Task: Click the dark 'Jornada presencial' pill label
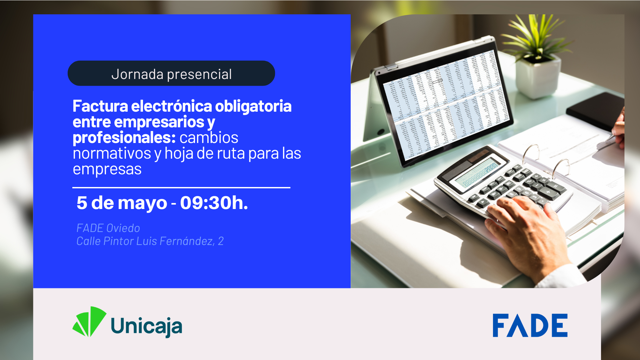pyautogui.click(x=171, y=73)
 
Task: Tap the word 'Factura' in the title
pyautogui.click(x=100, y=106)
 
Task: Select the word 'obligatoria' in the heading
pyautogui.click(x=253, y=106)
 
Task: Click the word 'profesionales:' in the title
pyautogui.click(x=124, y=138)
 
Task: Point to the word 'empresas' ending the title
pyautogui.click(x=107, y=169)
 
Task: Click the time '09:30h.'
pyautogui.click(x=214, y=203)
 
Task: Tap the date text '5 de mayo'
pyautogui.click(x=122, y=203)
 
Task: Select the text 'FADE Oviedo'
pyautogui.click(x=108, y=228)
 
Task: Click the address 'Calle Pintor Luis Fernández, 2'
pyautogui.click(x=150, y=241)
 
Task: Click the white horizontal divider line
pyautogui.click(x=181, y=188)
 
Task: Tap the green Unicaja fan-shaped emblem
pyautogui.click(x=89, y=322)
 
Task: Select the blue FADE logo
pyautogui.click(x=530, y=325)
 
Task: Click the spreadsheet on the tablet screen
pyautogui.click(x=447, y=103)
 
